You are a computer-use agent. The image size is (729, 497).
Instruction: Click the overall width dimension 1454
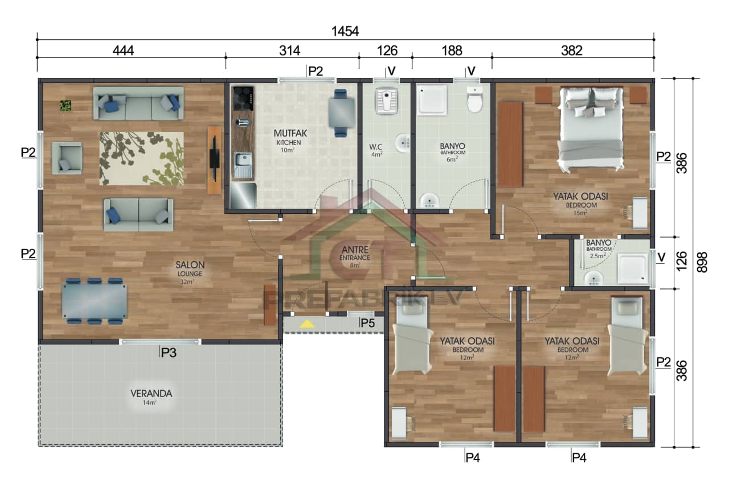[x=345, y=31]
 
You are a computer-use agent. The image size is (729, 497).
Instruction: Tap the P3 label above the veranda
[x=169, y=353]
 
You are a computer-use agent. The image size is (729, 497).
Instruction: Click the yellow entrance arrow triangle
[x=308, y=324]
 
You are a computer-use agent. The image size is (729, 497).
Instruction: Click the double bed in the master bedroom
[x=591, y=129]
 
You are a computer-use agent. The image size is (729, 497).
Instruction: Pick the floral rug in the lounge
[x=142, y=159]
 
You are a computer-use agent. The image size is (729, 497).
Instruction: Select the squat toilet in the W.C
[x=386, y=101]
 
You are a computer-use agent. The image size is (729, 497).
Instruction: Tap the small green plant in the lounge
[x=66, y=105]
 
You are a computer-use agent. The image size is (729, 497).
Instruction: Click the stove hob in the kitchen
[x=243, y=99]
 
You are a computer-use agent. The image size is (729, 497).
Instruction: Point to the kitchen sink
[x=243, y=165]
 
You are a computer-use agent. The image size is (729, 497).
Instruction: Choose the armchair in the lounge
[x=67, y=158]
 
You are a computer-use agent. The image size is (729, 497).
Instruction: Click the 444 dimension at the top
[x=123, y=51]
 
